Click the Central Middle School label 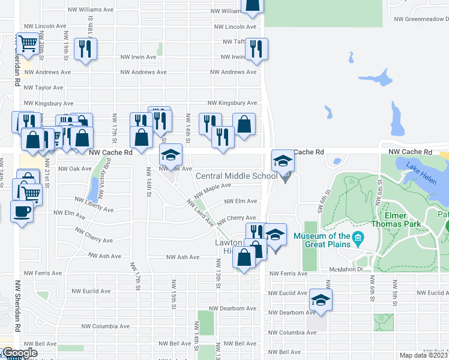coord(237,176)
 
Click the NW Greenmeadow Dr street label coord(421,19)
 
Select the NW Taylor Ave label coord(40,87)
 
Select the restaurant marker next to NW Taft coord(256,50)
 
